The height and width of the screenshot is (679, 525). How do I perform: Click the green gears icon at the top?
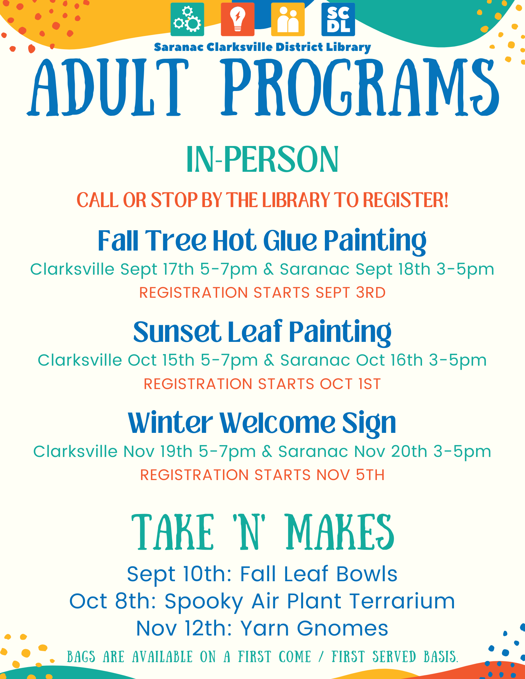(x=187, y=19)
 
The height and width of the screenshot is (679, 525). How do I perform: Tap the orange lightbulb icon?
(x=238, y=19)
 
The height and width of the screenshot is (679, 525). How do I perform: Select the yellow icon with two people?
(x=288, y=19)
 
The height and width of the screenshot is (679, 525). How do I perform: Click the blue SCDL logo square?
(x=338, y=19)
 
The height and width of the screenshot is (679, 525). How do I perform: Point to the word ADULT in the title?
(x=108, y=88)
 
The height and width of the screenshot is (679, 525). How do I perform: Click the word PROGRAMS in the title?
(x=360, y=88)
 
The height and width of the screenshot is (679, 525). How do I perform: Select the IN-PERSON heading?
(x=262, y=159)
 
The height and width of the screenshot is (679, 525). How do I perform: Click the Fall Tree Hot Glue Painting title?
(x=262, y=241)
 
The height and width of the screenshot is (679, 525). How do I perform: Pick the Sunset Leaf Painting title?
(x=262, y=332)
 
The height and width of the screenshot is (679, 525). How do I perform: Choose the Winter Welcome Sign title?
(x=262, y=423)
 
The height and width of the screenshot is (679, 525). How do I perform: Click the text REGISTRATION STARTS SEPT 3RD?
(x=262, y=293)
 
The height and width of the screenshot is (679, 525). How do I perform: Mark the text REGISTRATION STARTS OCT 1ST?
(x=262, y=384)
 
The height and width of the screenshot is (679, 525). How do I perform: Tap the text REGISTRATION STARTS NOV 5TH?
(x=262, y=475)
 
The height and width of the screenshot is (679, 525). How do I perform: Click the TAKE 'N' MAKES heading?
(x=263, y=532)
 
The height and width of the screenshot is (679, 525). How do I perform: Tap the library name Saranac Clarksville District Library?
(x=262, y=47)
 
